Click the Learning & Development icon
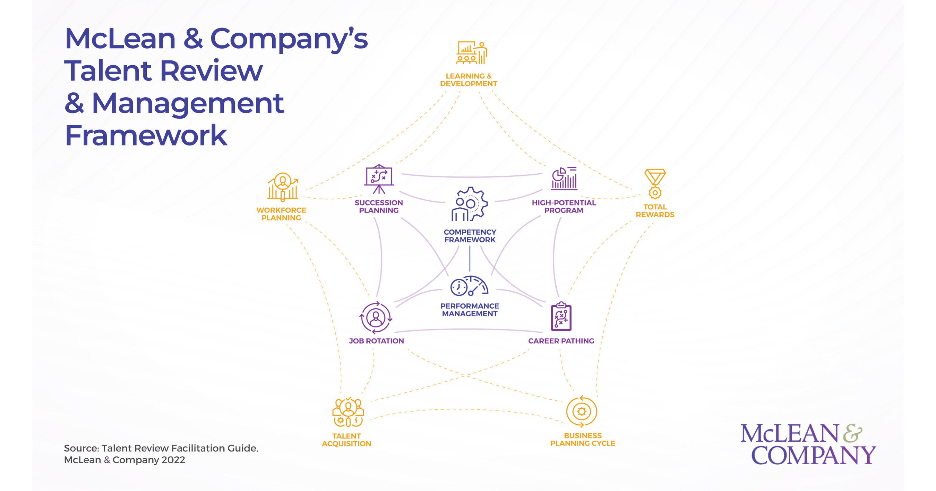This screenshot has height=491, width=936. tap(471, 53)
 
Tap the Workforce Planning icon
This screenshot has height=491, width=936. tap(283, 186)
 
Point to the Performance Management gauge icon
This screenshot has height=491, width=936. tap(469, 286)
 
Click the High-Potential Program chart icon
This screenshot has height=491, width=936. tap(564, 178)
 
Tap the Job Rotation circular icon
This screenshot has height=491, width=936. tap(376, 317)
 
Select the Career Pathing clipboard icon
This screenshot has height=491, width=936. tap(561, 316)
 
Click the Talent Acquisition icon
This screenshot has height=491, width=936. tap(348, 413)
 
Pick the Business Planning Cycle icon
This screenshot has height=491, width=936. tap(581, 411)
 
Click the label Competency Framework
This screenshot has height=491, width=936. tap(470, 236)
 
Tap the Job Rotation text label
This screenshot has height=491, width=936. tap(376, 341)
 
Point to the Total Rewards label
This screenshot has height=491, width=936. tap(655, 210)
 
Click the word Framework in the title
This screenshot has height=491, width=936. tap(146, 135)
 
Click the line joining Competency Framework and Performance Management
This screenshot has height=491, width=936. tap(470, 259)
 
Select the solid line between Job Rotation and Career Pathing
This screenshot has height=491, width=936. tap(469, 330)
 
